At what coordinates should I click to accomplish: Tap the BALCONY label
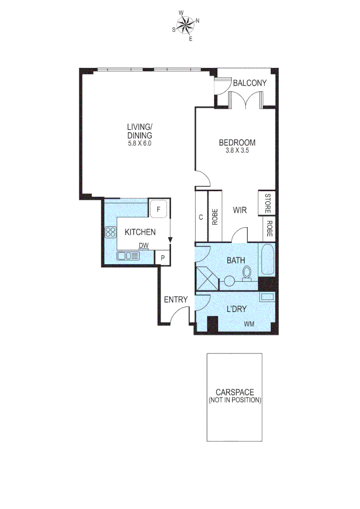click(250, 83)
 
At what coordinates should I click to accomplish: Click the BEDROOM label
click(237, 143)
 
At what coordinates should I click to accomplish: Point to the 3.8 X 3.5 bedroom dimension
click(237, 151)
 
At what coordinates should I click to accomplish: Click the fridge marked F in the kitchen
click(159, 208)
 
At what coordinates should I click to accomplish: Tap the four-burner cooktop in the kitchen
click(111, 232)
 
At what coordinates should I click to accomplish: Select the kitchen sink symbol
click(128, 256)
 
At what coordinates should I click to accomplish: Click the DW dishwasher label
click(144, 246)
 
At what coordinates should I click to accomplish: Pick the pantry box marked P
click(163, 258)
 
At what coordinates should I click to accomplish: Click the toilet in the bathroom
click(246, 273)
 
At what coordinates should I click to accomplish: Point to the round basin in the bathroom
click(229, 281)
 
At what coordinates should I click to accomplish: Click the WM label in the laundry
click(249, 324)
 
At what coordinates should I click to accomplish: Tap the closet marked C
click(201, 217)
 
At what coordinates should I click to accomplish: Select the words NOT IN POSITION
click(235, 400)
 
